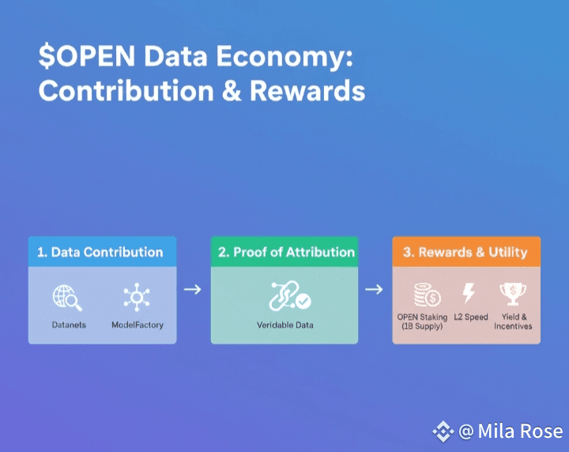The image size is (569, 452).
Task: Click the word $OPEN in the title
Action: point(87,56)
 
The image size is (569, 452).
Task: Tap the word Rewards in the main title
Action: point(307,90)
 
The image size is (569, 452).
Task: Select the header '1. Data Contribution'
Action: point(100,252)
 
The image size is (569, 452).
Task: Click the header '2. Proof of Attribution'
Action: point(286,252)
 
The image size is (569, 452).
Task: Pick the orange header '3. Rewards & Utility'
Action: point(465,252)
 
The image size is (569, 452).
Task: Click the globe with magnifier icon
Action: point(67,297)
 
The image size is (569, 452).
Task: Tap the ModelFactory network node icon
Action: point(137,297)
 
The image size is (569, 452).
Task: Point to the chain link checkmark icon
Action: point(289,296)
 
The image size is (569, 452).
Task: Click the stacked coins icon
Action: point(427,295)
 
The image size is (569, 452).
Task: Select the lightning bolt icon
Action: point(469,292)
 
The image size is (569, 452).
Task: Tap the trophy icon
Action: point(513,294)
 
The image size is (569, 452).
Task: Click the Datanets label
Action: point(69,325)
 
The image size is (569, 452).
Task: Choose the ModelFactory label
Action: point(138,325)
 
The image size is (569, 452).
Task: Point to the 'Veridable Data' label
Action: point(284,325)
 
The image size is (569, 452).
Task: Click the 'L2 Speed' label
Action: point(471,317)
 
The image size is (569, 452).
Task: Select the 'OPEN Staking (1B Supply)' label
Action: point(422,322)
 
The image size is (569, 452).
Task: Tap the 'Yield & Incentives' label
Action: point(513,322)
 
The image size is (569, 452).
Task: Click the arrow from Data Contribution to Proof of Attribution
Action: point(193,289)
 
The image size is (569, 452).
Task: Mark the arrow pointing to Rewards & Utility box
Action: point(374,289)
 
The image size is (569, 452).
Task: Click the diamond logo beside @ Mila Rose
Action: point(443,431)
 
